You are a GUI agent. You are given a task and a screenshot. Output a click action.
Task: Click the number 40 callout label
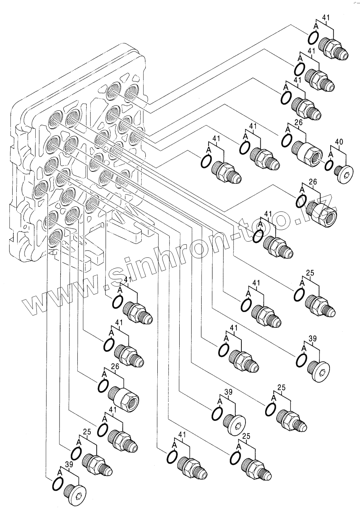[339, 142]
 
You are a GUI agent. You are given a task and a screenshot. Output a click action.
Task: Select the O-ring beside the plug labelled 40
[329, 166]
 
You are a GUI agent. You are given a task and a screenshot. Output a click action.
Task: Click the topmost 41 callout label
[326, 17]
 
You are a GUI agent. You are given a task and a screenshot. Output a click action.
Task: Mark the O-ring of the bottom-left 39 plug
[58, 485]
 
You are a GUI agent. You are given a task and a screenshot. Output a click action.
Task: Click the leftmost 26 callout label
[115, 367]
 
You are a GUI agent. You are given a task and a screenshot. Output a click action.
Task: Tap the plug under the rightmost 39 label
[319, 371]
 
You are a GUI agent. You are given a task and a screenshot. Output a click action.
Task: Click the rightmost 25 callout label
[310, 273]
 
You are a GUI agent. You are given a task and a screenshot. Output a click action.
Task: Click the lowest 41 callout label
[182, 434]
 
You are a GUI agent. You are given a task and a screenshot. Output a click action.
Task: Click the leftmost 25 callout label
[87, 432]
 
